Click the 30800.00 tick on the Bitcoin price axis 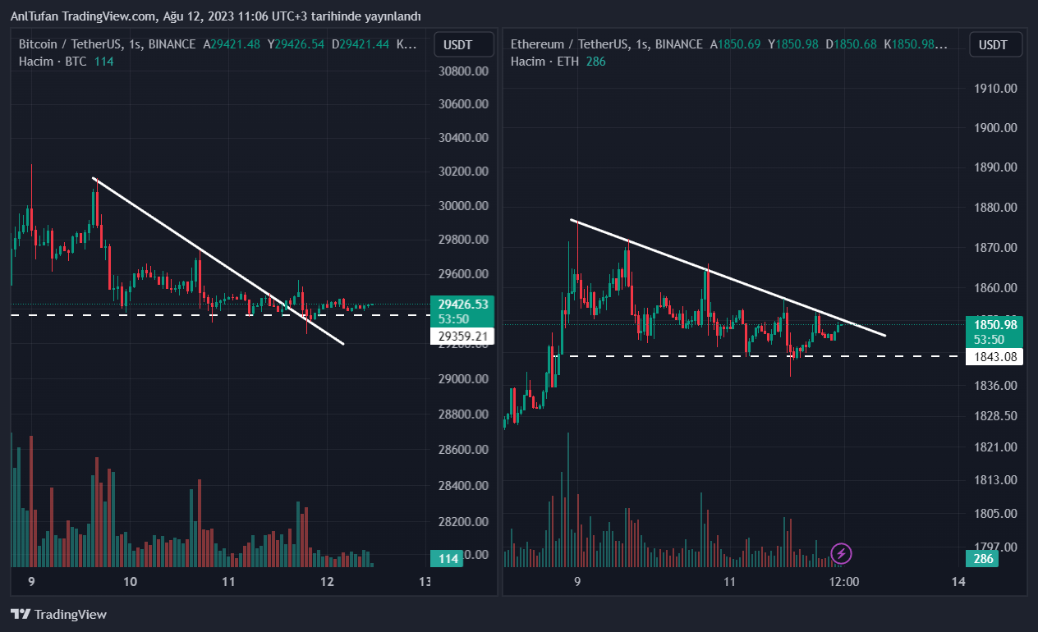tap(464, 71)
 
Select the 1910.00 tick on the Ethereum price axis tap(994, 88)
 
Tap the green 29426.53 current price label tap(463, 305)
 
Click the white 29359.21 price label tap(463, 336)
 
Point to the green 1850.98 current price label tap(996, 325)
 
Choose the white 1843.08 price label tap(996, 356)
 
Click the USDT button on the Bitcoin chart tap(464, 44)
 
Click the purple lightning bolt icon tap(842, 553)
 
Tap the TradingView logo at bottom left tap(59, 614)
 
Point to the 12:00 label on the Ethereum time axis tap(844, 582)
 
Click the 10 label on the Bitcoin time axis tap(130, 582)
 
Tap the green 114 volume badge tap(448, 559)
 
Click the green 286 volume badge tap(983, 559)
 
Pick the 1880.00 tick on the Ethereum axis tap(994, 208)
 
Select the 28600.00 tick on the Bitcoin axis tap(464, 450)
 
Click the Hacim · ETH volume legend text tap(545, 62)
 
